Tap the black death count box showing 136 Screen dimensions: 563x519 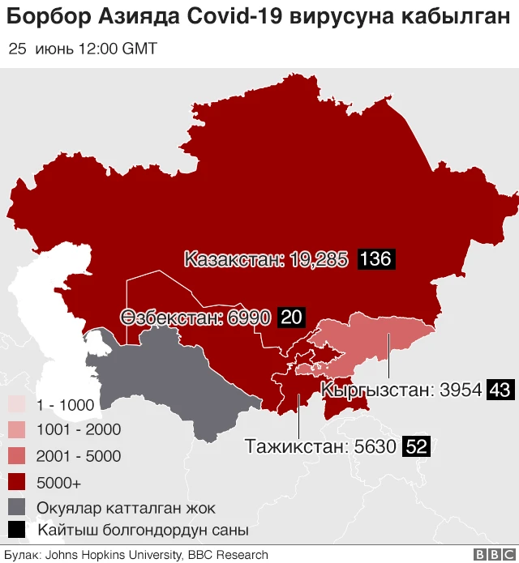(x=375, y=260)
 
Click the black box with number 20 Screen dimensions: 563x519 (x=291, y=318)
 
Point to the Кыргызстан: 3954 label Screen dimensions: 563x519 (x=401, y=390)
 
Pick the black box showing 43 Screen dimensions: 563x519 (x=499, y=390)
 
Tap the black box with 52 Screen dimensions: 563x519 (x=416, y=446)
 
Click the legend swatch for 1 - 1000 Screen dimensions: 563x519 (x=17, y=405)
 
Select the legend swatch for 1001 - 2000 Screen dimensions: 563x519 (x=17, y=430)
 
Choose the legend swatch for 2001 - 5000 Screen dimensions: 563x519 (x=17, y=456)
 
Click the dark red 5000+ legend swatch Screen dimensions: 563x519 (x=17, y=482)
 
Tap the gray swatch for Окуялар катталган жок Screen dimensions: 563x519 (x=17, y=508)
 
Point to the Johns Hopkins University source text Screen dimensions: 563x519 (x=115, y=555)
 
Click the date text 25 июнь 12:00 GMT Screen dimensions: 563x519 (x=83, y=49)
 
